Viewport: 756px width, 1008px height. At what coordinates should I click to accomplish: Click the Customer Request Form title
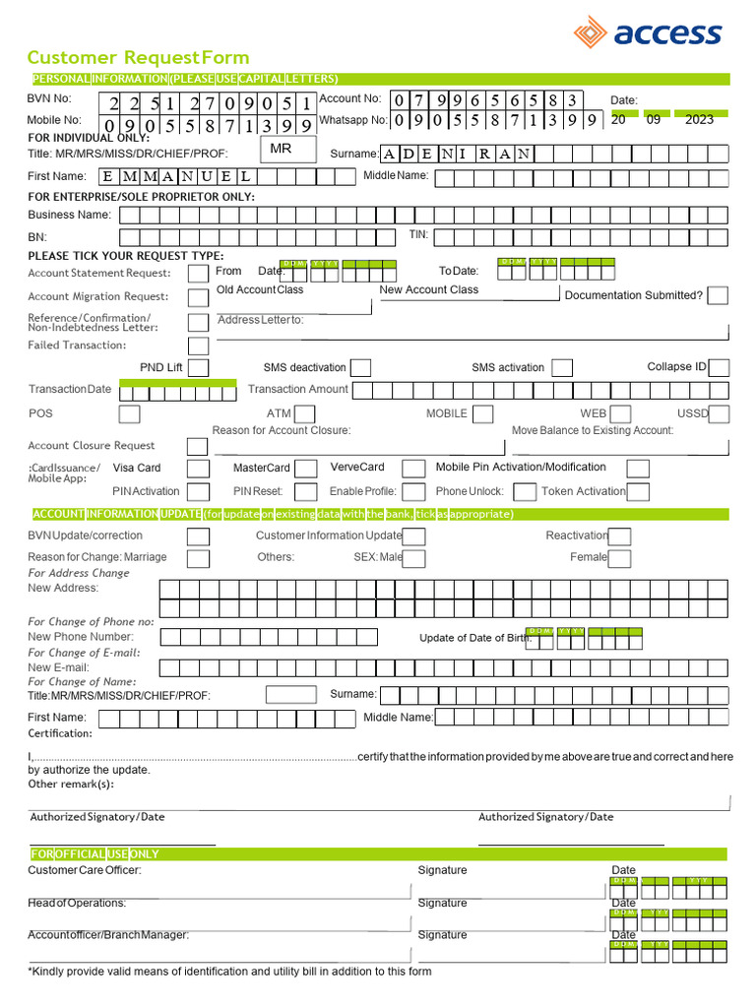pos(138,57)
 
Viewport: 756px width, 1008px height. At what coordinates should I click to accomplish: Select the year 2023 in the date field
pos(699,119)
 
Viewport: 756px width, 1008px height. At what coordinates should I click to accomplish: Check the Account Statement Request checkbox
pos(198,273)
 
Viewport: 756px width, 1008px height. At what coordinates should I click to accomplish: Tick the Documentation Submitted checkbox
pos(718,295)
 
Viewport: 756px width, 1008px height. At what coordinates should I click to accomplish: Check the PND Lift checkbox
pos(198,367)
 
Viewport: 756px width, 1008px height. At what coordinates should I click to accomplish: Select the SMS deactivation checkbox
pos(361,367)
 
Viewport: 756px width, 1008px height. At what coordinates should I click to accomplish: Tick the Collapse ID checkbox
pos(719,367)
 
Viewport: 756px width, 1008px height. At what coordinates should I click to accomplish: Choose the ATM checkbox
pos(306,413)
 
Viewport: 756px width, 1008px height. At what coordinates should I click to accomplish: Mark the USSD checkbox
pos(719,413)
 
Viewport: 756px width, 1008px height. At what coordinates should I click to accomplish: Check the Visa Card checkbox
pos(198,469)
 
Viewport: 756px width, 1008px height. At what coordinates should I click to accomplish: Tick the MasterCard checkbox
pos(306,469)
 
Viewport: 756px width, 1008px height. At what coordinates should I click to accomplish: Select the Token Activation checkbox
pos(638,491)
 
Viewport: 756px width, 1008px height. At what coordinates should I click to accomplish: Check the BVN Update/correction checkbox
pos(198,536)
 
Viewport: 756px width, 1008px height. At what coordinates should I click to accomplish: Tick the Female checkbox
pos(620,558)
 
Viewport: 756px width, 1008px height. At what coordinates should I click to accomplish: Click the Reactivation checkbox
pos(620,536)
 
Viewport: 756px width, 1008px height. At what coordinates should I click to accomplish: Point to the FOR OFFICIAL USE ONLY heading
pos(94,853)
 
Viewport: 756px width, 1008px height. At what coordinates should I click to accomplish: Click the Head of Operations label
pos(77,903)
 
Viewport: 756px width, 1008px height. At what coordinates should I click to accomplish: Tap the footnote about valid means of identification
pos(229,972)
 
